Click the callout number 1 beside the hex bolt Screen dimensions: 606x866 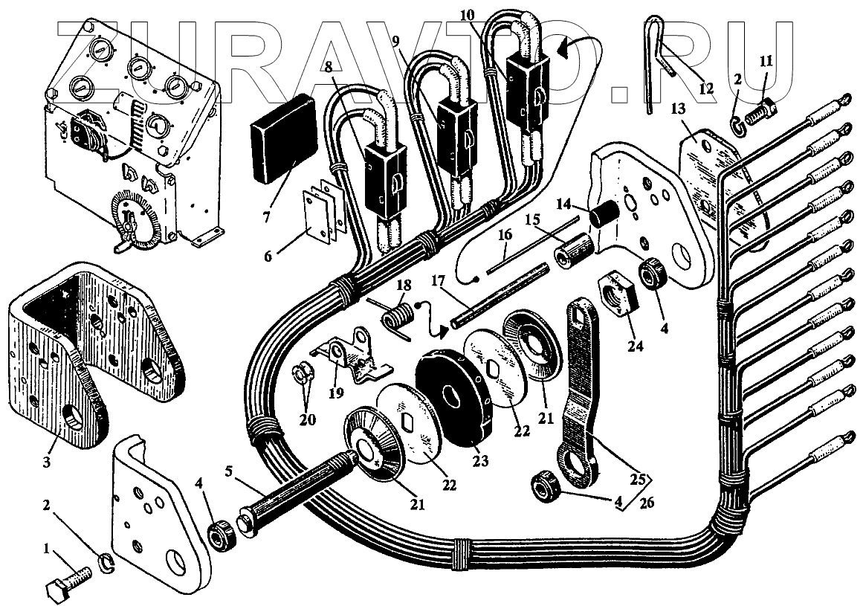pyautogui.click(x=47, y=551)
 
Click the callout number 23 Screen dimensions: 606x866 pyautogui.click(x=479, y=462)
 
